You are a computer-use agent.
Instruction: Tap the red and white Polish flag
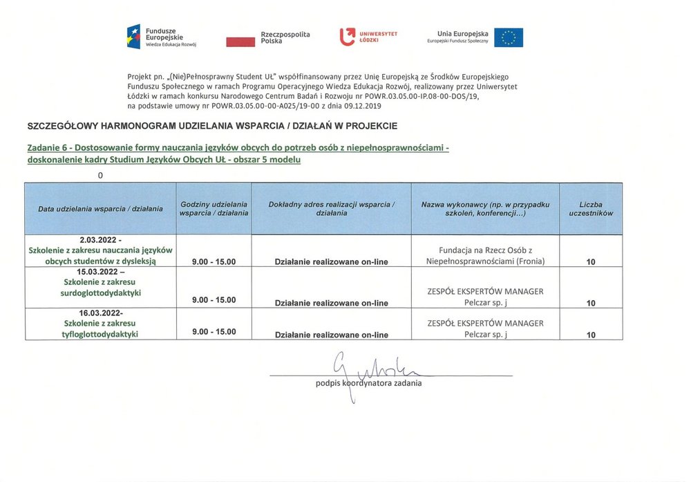240,41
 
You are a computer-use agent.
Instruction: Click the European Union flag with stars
508,37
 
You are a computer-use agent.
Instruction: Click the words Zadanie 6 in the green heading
48,148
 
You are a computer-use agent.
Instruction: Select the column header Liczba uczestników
590,209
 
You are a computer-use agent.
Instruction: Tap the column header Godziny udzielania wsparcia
214,209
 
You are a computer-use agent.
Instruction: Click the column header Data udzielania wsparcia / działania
100,209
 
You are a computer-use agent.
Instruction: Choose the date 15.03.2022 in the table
100,272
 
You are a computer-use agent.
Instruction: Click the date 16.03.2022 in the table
100,313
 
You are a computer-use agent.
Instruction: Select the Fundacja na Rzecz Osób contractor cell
485,255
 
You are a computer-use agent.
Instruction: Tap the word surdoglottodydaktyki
100,293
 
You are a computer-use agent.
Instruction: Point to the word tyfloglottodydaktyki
100,334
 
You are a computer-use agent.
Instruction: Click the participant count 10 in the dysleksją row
591,262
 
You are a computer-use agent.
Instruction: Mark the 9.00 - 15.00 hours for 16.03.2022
214,332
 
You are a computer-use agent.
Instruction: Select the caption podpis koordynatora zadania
368,382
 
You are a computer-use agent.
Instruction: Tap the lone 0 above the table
100,175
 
